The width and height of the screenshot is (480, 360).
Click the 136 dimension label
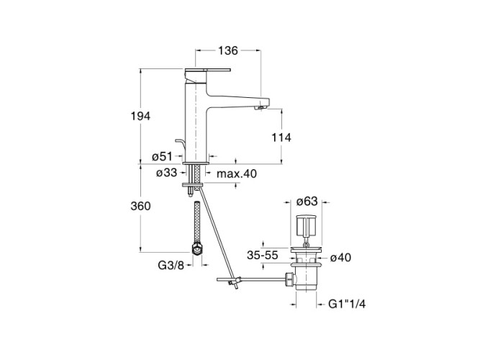click(x=228, y=50)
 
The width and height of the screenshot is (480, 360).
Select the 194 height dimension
click(x=140, y=117)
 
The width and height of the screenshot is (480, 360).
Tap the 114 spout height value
click(x=281, y=138)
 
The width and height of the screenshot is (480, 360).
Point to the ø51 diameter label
click(x=162, y=156)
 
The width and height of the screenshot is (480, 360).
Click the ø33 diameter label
click(x=167, y=173)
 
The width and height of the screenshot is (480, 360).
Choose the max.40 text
click(x=237, y=174)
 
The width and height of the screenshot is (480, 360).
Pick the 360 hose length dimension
click(x=140, y=206)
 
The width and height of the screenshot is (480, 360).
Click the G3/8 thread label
click(x=171, y=265)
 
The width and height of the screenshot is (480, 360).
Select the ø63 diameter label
click(x=307, y=202)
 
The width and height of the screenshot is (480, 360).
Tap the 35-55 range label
click(x=263, y=255)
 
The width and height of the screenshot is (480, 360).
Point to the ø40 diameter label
click(x=340, y=258)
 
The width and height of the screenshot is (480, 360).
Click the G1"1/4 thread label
click(x=347, y=304)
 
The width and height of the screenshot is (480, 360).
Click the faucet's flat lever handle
click(x=207, y=70)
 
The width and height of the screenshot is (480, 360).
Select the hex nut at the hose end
click(x=197, y=248)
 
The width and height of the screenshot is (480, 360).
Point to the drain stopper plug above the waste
click(x=306, y=225)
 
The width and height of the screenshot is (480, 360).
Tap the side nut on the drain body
click(x=289, y=279)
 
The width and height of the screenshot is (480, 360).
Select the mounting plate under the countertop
click(x=193, y=185)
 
